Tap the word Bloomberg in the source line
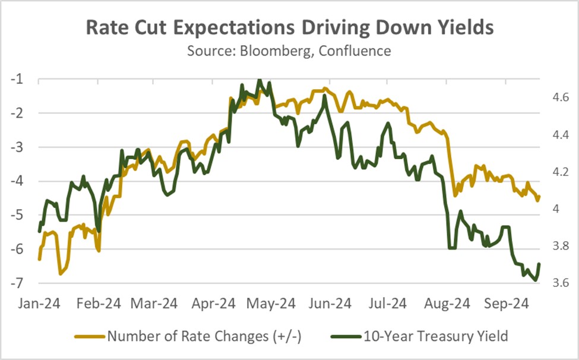coord(275,50)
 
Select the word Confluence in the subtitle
coord(355,50)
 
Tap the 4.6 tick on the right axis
coord(560,97)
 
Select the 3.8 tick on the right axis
coord(560,246)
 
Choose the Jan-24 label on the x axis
coord(39,304)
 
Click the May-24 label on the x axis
coord(271,304)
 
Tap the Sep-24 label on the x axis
coord(507,304)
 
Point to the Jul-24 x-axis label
coord(388,304)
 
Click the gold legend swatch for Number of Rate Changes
coord(90,336)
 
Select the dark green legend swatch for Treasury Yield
coord(346,336)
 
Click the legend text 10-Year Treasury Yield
coord(436,336)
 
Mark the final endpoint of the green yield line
coord(539,264)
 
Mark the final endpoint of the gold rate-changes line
coord(539,197)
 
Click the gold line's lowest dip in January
coord(60,274)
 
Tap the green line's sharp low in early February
coord(98,232)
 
